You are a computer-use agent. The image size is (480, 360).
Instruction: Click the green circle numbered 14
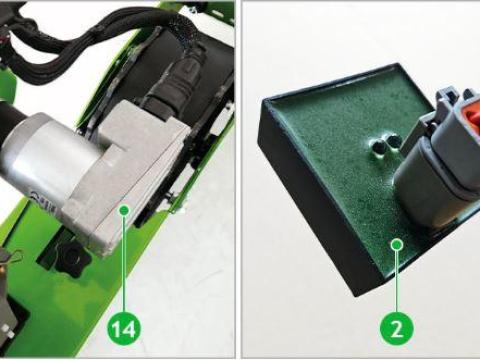124,329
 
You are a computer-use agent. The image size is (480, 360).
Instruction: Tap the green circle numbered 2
397,329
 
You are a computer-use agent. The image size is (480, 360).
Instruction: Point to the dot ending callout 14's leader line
124,210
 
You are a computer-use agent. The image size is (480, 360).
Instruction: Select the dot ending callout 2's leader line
397,245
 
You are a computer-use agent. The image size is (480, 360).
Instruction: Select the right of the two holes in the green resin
392,141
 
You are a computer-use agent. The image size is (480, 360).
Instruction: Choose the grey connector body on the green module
437,160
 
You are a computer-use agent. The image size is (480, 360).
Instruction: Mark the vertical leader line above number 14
124,263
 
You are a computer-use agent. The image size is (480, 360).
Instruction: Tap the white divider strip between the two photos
238,180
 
